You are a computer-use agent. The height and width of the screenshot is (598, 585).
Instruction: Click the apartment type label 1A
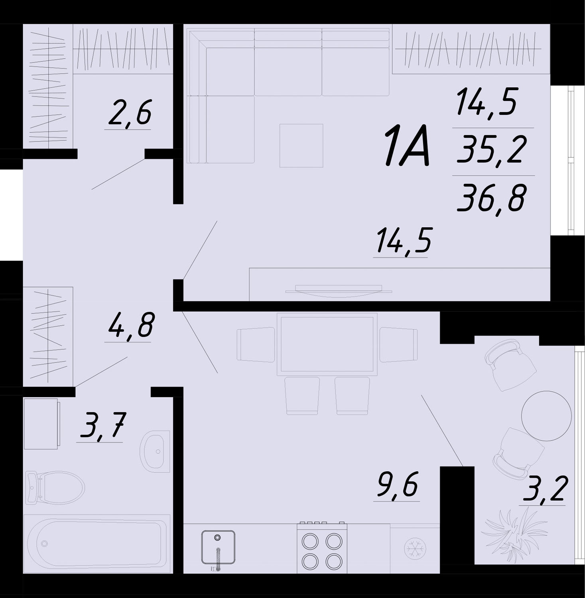(407, 145)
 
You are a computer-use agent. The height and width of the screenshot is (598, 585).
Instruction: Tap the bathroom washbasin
(155, 451)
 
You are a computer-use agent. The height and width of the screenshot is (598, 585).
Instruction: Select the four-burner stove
(322, 548)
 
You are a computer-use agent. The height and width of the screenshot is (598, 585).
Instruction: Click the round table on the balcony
(546, 416)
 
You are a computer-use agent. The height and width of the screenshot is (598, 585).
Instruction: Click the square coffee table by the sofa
(301, 146)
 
